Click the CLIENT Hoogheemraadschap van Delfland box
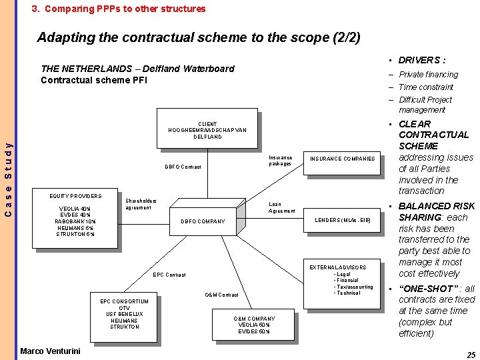coord(207,130)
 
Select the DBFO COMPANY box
coord(203,221)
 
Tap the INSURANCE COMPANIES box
coord(342,159)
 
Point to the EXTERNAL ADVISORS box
coord(342,279)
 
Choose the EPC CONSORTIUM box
coord(124,315)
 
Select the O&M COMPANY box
coord(254,325)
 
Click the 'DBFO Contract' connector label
coord(183,167)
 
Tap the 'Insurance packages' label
coord(280,161)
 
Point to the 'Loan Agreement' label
coord(281,207)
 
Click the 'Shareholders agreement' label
coord(141,204)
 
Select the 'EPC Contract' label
coord(169,275)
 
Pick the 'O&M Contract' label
coord(221,295)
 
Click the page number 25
coord(471,355)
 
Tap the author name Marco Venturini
coord(50,351)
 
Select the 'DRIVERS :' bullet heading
coord(422,60)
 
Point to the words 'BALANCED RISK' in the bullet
coord(437,206)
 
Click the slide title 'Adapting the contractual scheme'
coord(199,37)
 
